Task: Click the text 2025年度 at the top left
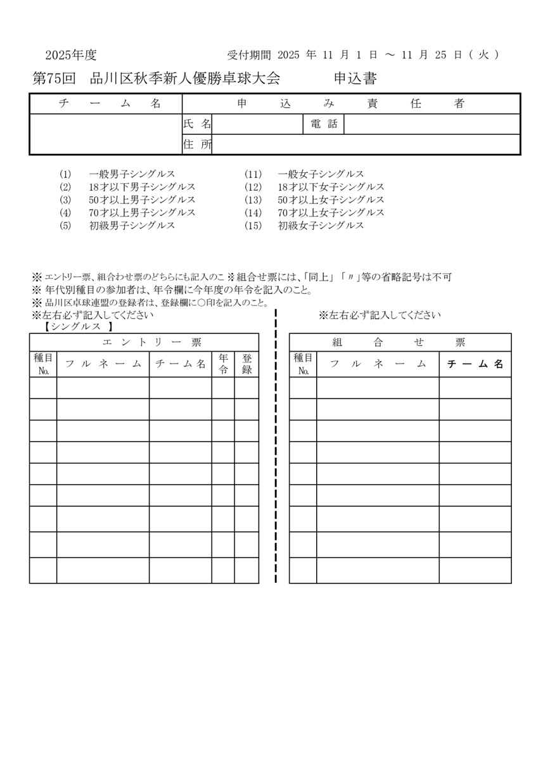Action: click(71, 54)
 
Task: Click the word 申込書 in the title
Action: click(355, 79)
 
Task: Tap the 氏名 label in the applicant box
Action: click(196, 124)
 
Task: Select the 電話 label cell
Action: click(324, 124)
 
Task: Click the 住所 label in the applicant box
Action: click(196, 144)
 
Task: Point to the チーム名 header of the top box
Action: click(106, 104)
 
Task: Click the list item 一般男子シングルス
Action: click(132, 174)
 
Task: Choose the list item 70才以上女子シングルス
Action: click(331, 213)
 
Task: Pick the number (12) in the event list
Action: click(253, 187)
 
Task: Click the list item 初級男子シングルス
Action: click(132, 226)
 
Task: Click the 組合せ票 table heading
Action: click(399, 343)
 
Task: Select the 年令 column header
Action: click(223, 364)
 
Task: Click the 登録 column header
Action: click(246, 364)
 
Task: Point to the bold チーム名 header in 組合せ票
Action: click(475, 364)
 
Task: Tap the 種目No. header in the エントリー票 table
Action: click(43, 364)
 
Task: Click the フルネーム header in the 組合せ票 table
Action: click(378, 364)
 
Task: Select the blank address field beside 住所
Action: click(366, 144)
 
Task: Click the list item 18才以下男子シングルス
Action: click(142, 187)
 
